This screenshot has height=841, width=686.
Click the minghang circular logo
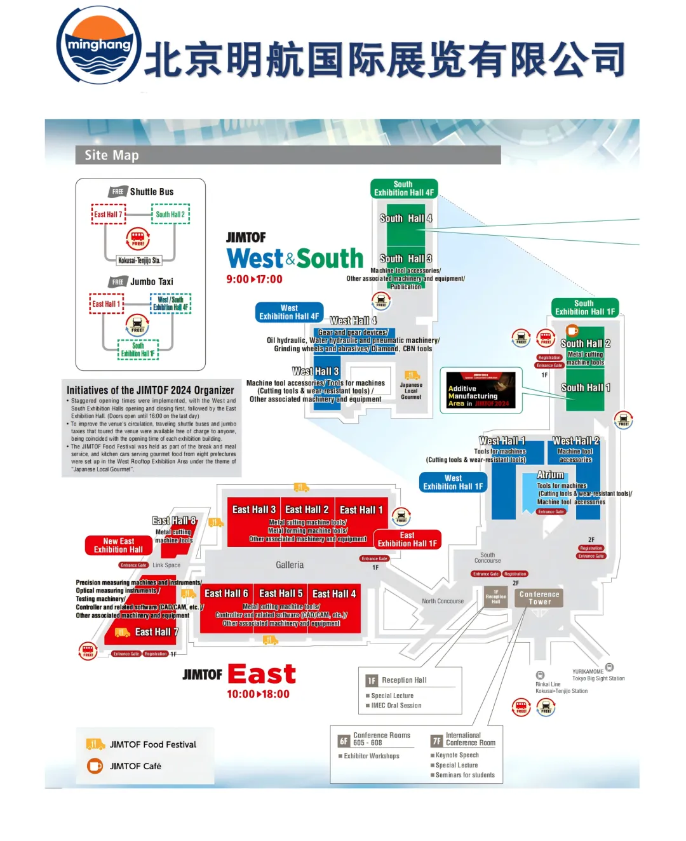pos(98,45)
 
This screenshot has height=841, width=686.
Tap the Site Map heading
pos(112,155)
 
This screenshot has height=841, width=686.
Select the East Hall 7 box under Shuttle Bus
pos(108,215)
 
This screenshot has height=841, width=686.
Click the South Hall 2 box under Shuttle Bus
pos(170,215)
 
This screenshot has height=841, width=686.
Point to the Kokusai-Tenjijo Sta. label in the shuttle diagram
pos(139,260)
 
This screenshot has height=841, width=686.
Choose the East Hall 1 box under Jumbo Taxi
pos(106,304)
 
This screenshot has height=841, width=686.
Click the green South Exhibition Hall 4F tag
pos(403,189)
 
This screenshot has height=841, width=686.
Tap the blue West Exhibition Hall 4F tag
pos(289,312)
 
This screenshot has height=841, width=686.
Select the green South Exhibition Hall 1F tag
pos(584,307)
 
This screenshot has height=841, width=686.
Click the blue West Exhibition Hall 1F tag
pos(453,482)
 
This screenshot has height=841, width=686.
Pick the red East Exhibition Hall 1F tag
pos(407,539)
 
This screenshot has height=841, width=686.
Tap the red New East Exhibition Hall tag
pos(119,545)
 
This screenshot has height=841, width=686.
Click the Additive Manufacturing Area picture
pos(481,390)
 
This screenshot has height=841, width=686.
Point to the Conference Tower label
pos(539,598)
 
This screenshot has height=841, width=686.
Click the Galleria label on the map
pos(290,565)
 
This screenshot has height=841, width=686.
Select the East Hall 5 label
pos(281,593)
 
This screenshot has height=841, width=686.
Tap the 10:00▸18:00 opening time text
pos(258,694)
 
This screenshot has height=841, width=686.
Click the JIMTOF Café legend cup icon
pos(95,766)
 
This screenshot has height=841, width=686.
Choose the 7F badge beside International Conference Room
pos(436,741)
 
